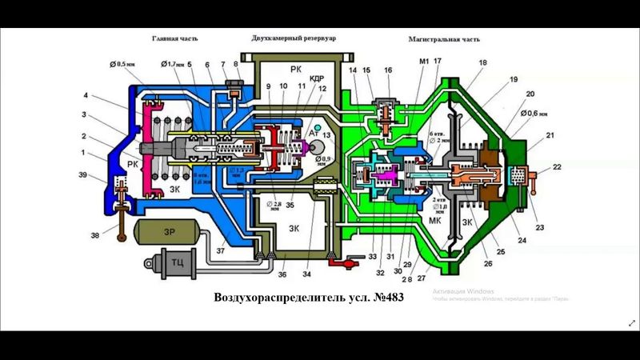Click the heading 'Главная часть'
pyautogui.click(x=175, y=38)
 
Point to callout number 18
pyautogui.click(x=482, y=62)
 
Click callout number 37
pyautogui.click(x=221, y=250)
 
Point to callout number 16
pyautogui.click(x=389, y=71)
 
